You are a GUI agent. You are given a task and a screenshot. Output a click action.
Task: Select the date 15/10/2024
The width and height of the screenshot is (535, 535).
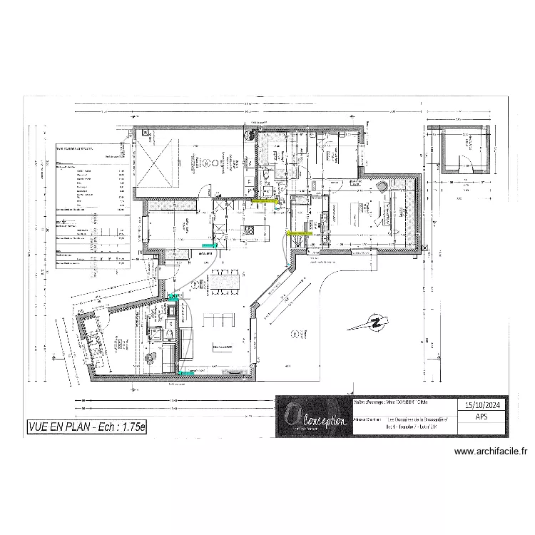coord(481,404)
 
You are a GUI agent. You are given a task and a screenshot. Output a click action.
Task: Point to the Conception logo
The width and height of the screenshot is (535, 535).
coord(312,417)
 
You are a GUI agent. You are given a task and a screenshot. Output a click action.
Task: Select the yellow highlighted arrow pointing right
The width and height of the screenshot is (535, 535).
coord(265,202)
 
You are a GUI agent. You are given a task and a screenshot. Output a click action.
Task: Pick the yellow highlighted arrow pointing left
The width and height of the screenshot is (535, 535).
coord(300,233)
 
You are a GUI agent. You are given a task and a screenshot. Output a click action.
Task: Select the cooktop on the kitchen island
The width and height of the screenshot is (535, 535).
coord(250,229)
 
